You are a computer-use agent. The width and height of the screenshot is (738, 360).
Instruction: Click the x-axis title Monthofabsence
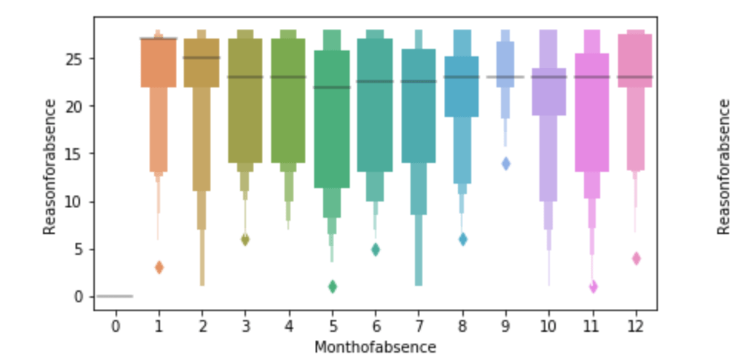click(375, 347)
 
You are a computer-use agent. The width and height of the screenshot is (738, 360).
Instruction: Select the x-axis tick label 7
click(419, 326)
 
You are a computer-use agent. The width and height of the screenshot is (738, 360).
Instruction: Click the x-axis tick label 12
click(636, 326)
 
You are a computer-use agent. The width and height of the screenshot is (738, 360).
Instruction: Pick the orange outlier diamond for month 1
click(159, 267)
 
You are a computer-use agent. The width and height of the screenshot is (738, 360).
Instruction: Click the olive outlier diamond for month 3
click(245, 239)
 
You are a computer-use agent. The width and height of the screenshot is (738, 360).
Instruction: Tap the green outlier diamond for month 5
click(333, 287)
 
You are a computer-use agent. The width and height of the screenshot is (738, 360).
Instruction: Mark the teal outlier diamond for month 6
click(376, 250)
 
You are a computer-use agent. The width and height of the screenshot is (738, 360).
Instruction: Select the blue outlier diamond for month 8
click(462, 239)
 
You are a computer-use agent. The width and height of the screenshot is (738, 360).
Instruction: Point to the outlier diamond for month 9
click(506, 164)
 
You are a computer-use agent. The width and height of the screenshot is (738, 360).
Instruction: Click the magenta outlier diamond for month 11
click(593, 287)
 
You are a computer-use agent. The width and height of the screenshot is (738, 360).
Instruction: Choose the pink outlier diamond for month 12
click(636, 259)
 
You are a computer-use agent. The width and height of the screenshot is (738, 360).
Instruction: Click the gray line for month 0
click(115, 296)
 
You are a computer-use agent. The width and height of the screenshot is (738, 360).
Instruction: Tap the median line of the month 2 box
click(202, 58)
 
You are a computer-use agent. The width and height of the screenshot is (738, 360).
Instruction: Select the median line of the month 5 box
click(332, 87)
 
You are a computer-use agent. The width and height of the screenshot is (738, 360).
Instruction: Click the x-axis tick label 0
click(115, 326)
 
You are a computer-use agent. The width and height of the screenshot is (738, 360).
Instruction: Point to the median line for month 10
click(549, 77)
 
